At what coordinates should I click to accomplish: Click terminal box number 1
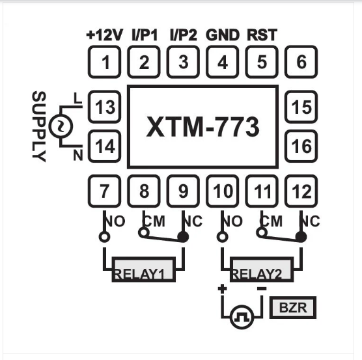click(x=104, y=62)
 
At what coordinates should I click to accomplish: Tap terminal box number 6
click(x=301, y=62)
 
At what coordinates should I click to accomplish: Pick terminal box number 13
click(x=104, y=107)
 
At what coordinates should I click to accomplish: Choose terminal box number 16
click(x=301, y=146)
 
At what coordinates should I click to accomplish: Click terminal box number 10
click(x=223, y=191)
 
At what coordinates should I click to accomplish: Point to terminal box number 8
click(x=144, y=191)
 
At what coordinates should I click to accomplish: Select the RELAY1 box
click(x=144, y=272)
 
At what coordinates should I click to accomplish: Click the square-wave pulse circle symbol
click(x=242, y=318)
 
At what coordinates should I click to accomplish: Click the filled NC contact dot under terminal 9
click(x=183, y=237)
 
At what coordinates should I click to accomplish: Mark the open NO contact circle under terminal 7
click(x=104, y=237)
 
